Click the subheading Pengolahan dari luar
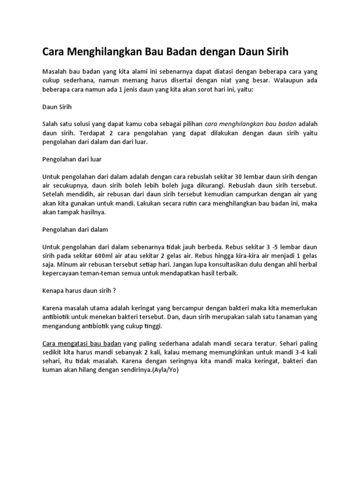pos(72,159)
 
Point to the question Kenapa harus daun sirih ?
pos(79,291)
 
